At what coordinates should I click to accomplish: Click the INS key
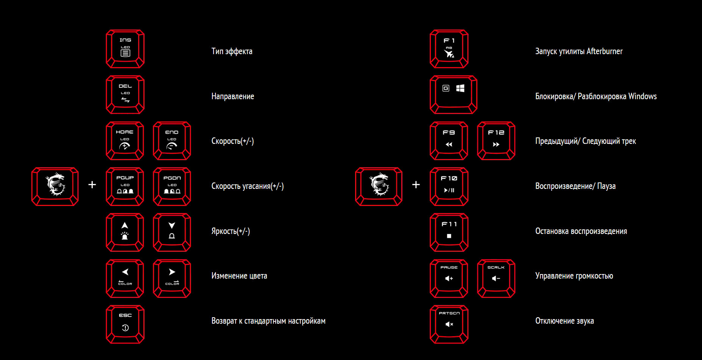(125, 49)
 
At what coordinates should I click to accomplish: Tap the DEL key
(125, 95)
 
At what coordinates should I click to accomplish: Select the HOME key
(125, 141)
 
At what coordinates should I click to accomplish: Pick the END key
(172, 141)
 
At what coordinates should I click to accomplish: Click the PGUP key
(125, 187)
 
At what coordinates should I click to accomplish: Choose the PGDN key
(172, 187)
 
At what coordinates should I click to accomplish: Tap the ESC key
(125, 324)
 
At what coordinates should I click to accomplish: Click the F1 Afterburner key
(449, 49)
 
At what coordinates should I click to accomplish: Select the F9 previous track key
(449, 141)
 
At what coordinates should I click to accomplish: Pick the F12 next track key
(496, 141)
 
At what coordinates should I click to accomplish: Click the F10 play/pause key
(449, 187)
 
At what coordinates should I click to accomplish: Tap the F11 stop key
(449, 232)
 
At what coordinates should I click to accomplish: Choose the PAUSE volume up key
(449, 279)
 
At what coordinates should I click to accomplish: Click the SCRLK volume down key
(496, 279)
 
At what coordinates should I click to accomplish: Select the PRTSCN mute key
(449, 324)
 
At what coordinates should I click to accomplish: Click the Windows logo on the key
(460, 88)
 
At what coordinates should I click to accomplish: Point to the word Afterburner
(604, 51)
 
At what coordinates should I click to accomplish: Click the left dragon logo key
(55, 187)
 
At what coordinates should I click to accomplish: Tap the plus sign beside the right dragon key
(416, 184)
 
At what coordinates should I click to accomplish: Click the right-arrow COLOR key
(172, 279)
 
